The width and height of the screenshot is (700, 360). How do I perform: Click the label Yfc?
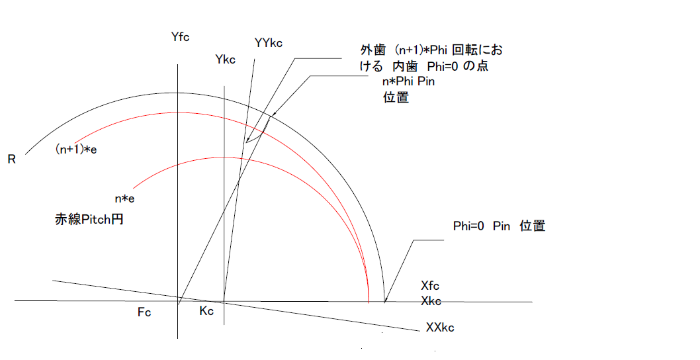tap(180, 37)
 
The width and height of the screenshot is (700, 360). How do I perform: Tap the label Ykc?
tap(226, 60)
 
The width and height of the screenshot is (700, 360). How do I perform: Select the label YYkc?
tap(269, 43)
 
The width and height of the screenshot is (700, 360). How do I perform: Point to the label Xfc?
tap(430, 287)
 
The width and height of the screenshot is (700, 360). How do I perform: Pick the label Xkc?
tap(431, 301)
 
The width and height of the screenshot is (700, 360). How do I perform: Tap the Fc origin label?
tap(144, 312)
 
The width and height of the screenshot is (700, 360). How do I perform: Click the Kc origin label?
tap(206, 312)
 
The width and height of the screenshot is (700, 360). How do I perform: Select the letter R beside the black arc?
tap(12, 159)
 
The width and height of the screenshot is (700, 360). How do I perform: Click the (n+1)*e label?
tap(77, 150)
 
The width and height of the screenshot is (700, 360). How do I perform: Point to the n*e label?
tap(126, 197)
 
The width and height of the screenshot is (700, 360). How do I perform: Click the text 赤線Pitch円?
tap(89, 220)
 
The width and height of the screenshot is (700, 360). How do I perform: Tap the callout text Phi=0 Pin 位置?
tap(499, 226)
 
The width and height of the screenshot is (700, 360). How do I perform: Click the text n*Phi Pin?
tap(409, 81)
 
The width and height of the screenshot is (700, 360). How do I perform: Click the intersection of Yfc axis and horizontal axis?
tap(178, 302)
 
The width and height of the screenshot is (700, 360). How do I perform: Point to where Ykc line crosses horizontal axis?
tap(224, 302)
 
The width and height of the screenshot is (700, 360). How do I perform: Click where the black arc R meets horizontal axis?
tap(384, 302)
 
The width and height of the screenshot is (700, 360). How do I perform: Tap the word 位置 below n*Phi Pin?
tap(396, 98)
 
